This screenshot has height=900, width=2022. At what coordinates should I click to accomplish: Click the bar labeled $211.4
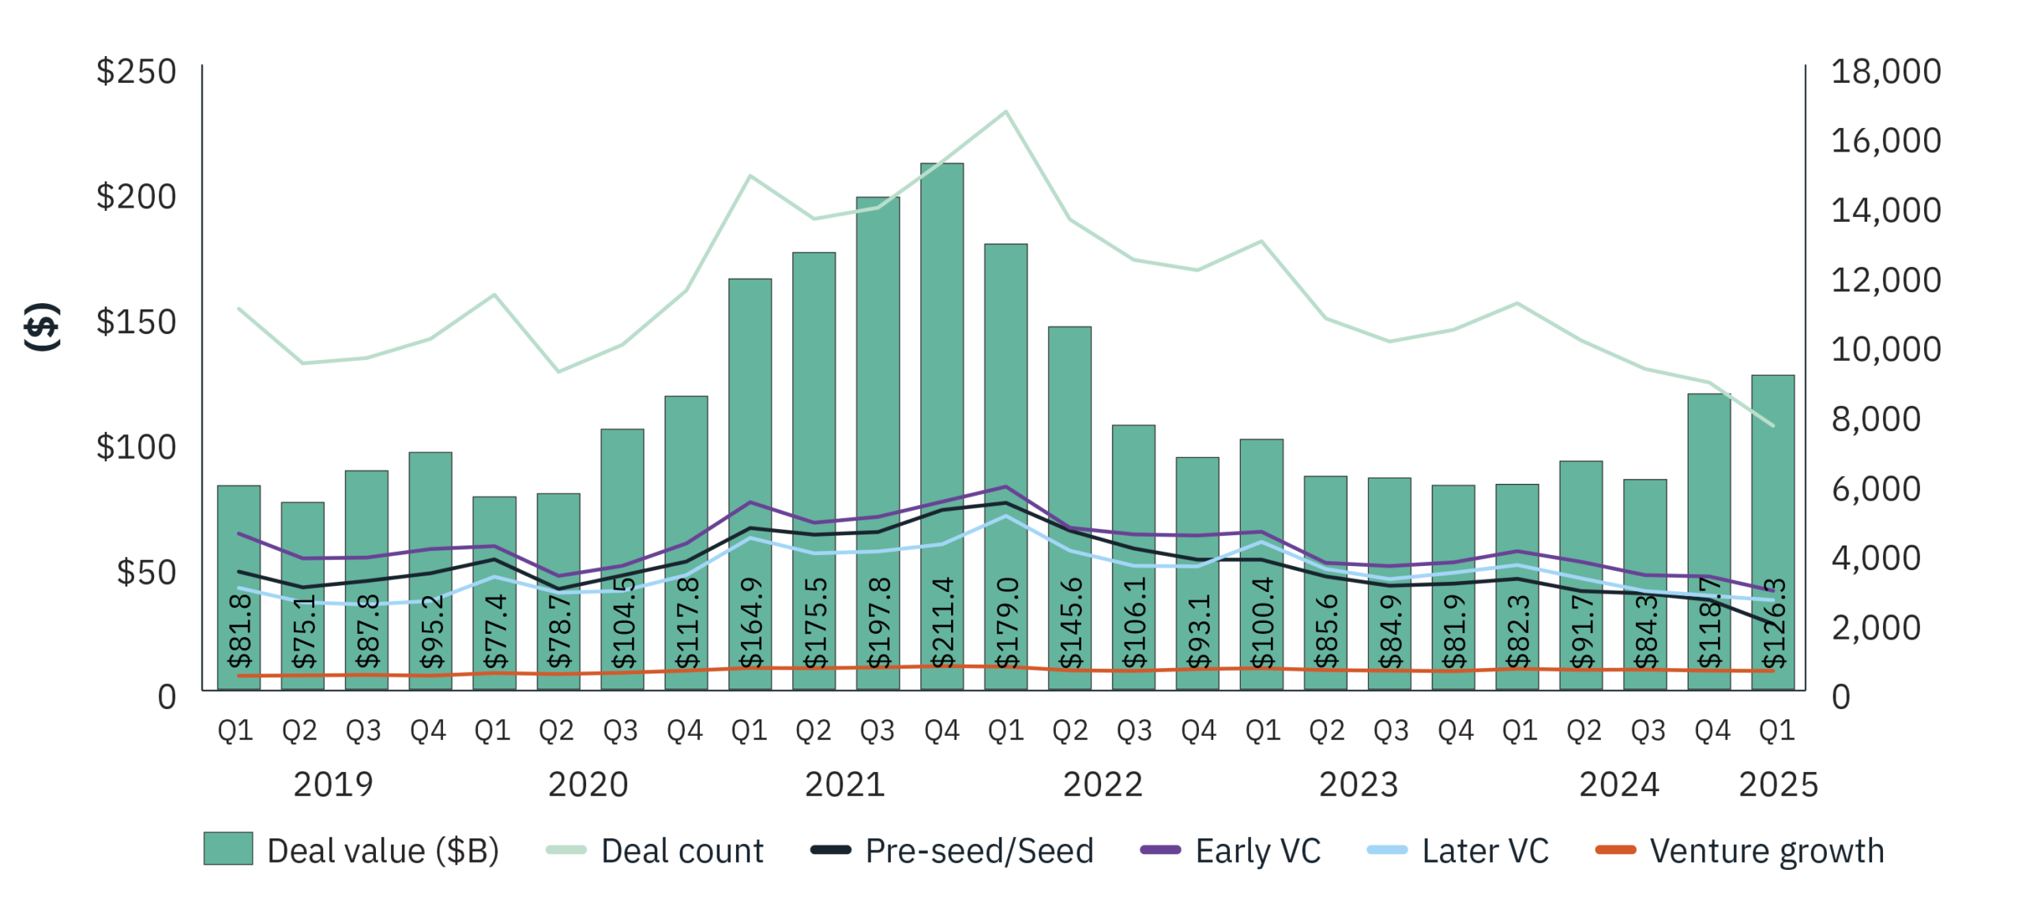click(x=941, y=426)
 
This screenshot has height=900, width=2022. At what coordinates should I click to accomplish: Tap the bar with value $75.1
click(x=303, y=595)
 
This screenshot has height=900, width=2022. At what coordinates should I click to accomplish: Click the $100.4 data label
click(x=1262, y=623)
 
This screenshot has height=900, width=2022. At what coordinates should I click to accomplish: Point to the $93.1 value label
click(x=1198, y=632)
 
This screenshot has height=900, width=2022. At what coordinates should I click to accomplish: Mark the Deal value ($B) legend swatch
click(x=228, y=849)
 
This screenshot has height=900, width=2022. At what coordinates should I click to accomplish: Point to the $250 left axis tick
click(x=136, y=71)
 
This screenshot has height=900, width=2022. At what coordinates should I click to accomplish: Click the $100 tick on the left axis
click(x=136, y=447)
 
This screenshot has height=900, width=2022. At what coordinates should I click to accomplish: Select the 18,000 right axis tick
click(x=1885, y=71)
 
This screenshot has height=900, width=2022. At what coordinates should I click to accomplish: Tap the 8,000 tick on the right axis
click(x=1876, y=419)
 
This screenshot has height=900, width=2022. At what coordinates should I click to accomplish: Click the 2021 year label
click(x=844, y=785)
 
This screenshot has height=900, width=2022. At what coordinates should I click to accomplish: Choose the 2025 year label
click(x=1778, y=785)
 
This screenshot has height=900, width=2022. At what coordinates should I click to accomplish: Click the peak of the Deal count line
click(x=1005, y=111)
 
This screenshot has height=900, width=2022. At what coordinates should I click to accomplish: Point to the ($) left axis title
click(x=41, y=326)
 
